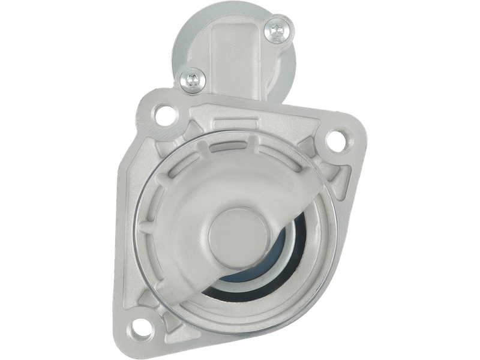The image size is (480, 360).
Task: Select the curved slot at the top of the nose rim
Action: click(240, 144)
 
